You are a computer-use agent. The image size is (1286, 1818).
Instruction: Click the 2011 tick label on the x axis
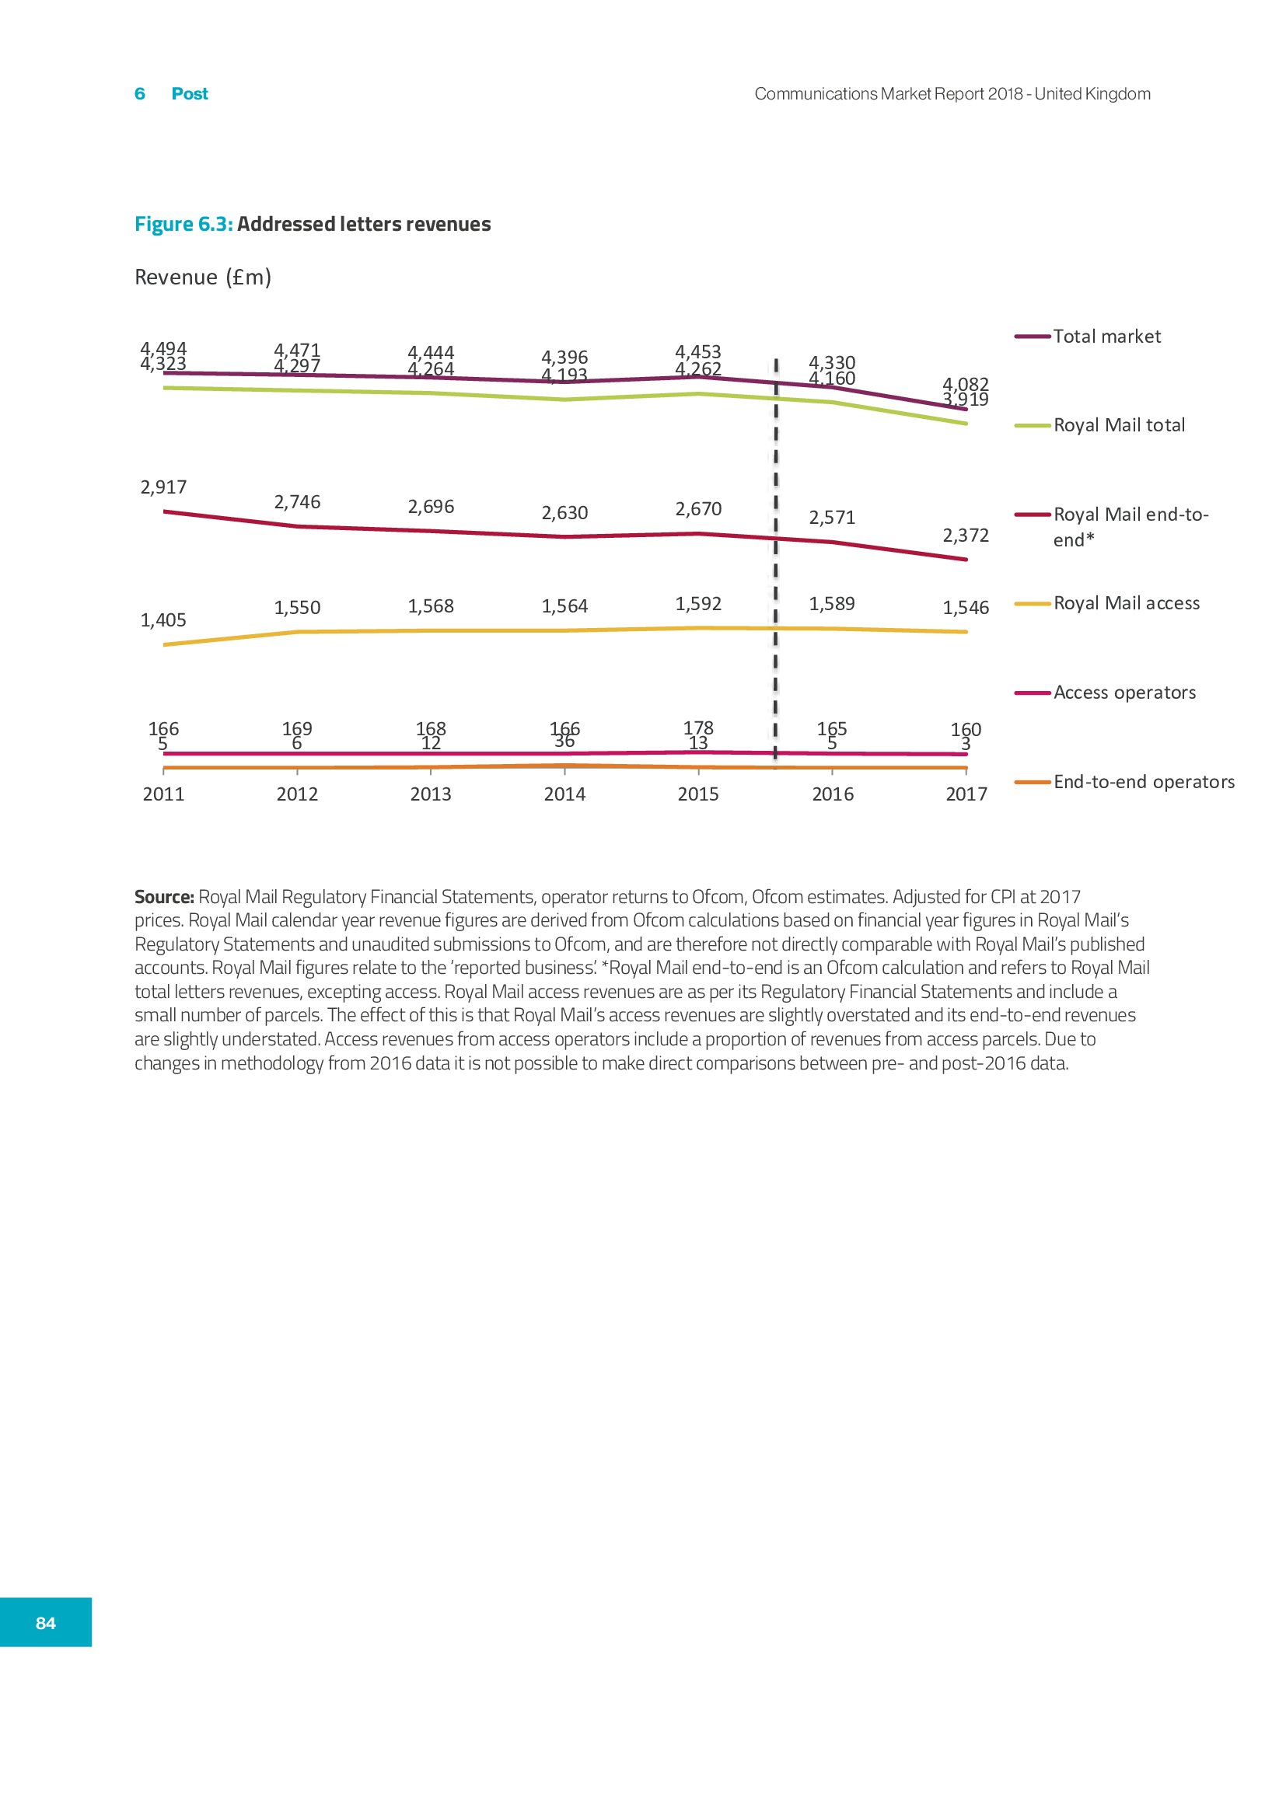coord(163,794)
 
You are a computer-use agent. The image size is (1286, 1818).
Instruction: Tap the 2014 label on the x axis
coord(564,794)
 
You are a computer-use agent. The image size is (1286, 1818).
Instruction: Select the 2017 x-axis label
coord(966,794)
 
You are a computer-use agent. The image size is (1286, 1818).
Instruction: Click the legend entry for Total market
coord(1106,337)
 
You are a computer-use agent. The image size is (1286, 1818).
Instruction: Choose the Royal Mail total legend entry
coord(1118,425)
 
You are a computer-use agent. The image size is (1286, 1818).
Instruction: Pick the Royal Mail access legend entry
coord(1126,603)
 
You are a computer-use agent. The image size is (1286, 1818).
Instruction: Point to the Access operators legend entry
coord(1124,693)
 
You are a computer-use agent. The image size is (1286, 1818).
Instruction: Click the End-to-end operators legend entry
coord(1144,783)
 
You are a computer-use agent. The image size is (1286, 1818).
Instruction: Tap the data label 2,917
coord(163,487)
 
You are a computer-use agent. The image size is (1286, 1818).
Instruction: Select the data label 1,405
coord(163,620)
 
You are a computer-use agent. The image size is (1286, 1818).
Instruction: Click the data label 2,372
coord(966,536)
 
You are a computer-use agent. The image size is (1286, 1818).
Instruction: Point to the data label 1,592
coord(697,603)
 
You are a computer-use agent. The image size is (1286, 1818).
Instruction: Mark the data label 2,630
coord(564,513)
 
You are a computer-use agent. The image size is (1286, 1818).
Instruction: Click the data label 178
coord(698,727)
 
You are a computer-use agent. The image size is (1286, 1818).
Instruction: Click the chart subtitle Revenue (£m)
coord(203,277)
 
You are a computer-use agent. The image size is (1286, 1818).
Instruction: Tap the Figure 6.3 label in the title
coord(183,224)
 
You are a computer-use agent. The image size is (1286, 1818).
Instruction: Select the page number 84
coord(46,1622)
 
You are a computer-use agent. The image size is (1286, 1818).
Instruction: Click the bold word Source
coord(164,897)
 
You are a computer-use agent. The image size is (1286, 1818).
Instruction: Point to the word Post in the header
coord(189,93)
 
